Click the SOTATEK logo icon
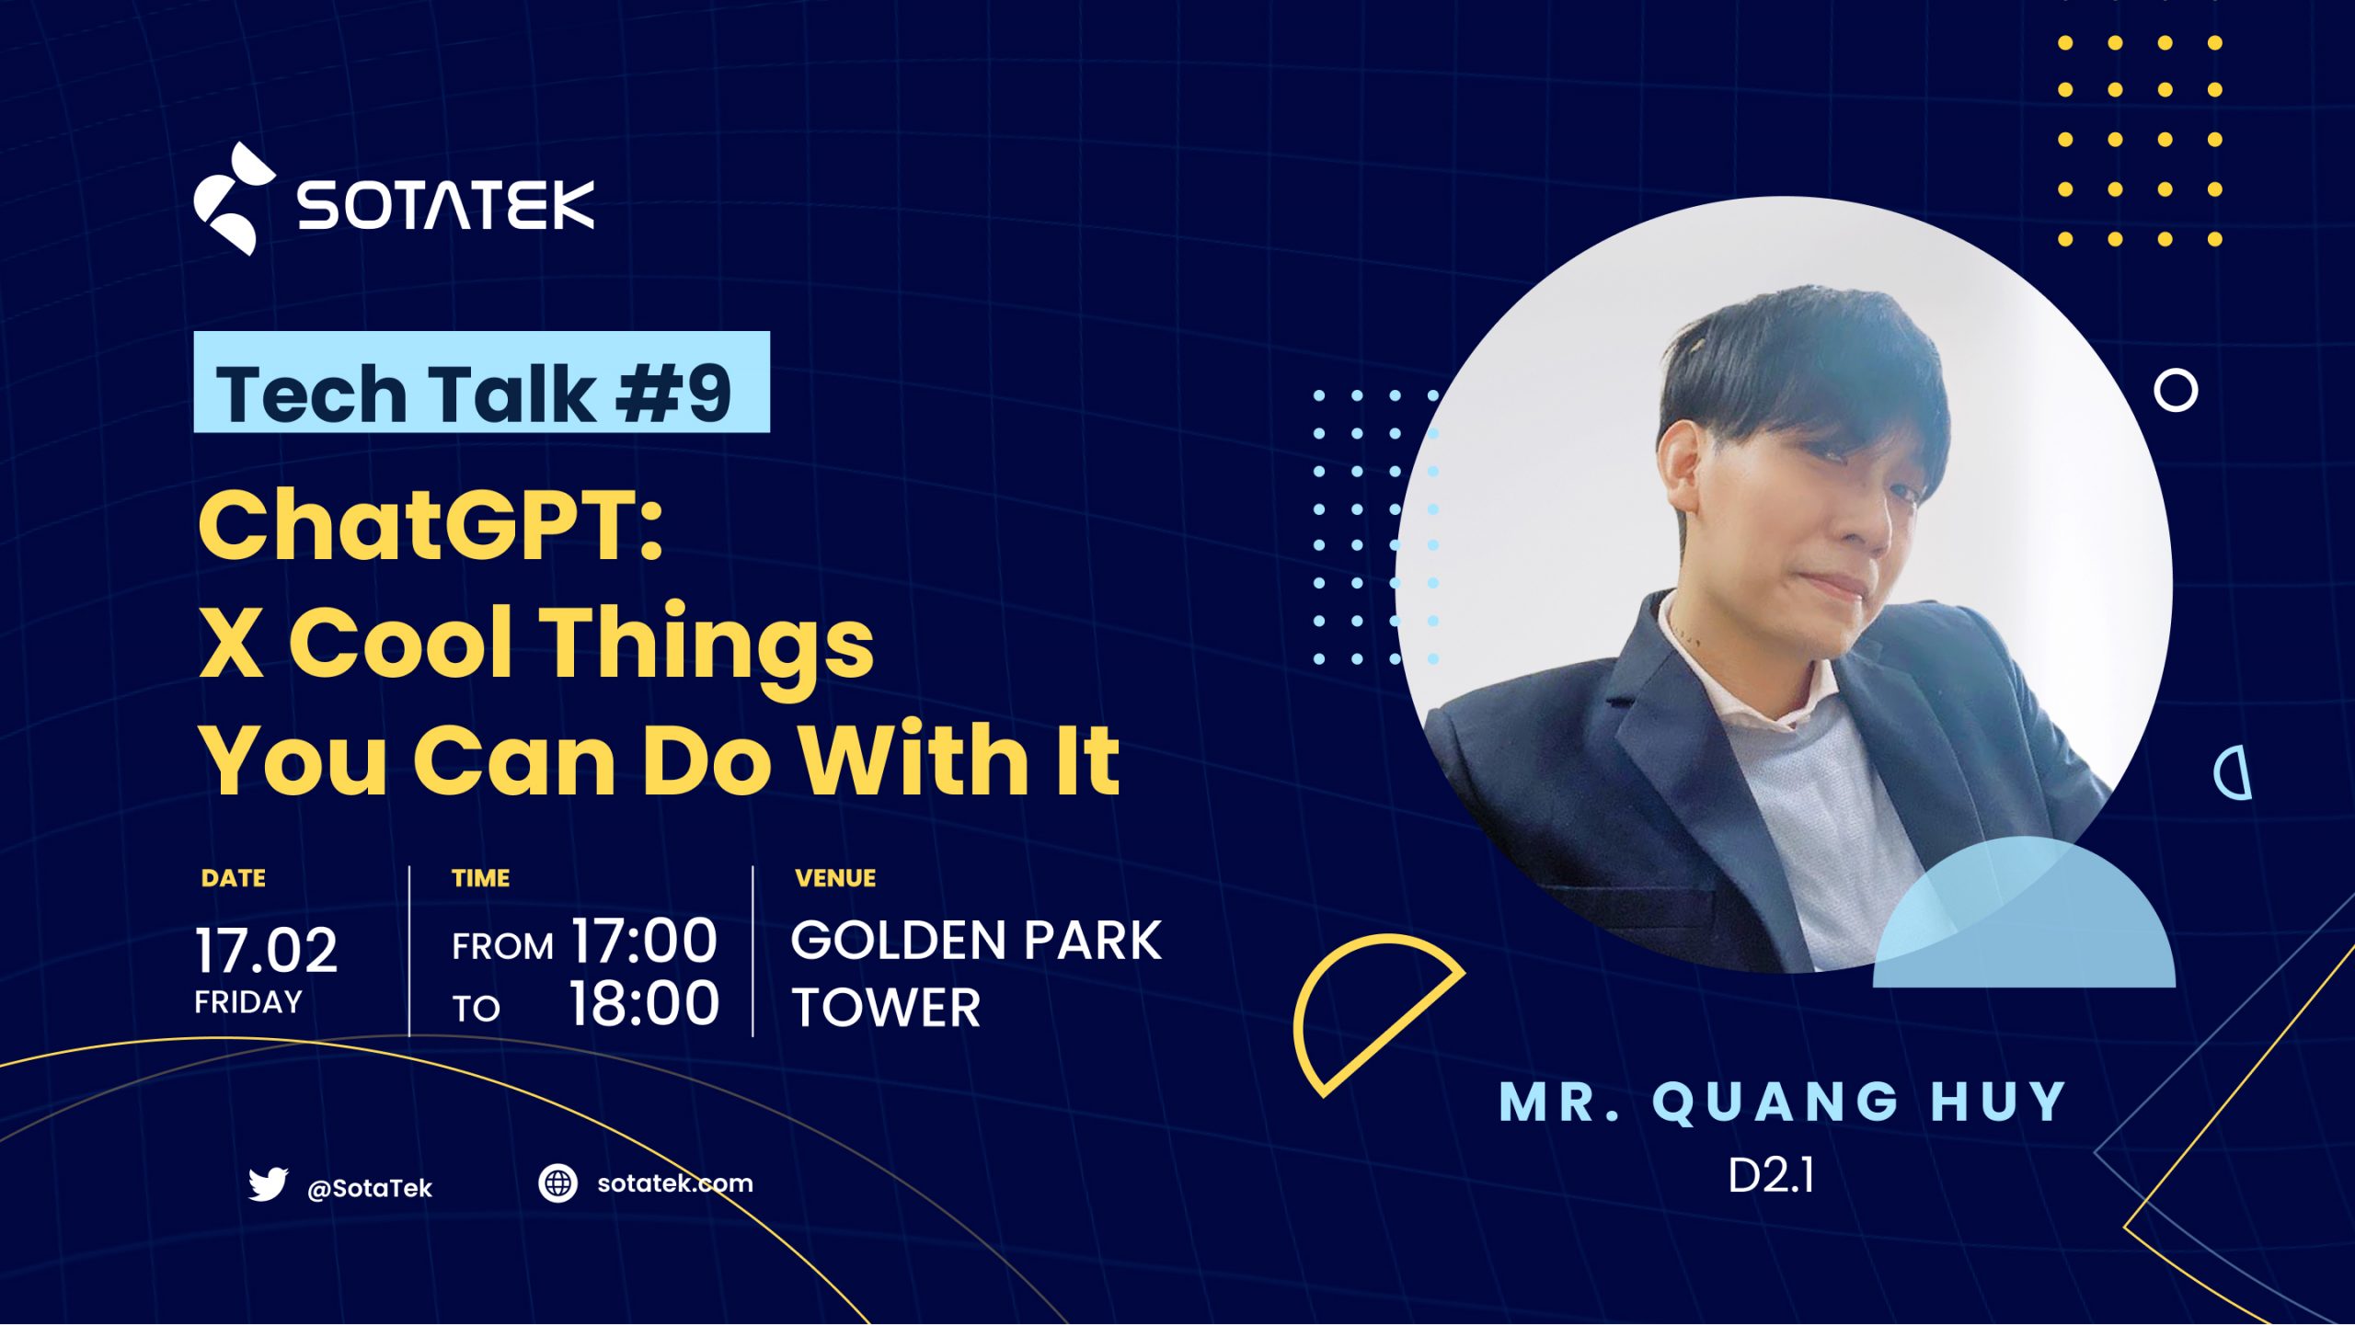tap(233, 199)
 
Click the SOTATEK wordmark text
tap(445, 204)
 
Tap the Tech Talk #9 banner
tap(481, 383)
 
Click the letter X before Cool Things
tap(231, 643)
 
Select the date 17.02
tap(266, 950)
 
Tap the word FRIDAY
tap(247, 1001)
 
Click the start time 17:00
tap(643, 941)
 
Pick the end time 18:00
tap(643, 1003)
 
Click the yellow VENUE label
tap(834, 878)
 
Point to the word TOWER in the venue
tap(886, 1008)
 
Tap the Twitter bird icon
tap(268, 1184)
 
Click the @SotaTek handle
tap(369, 1189)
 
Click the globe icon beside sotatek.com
tap(557, 1183)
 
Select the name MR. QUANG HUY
tap(1784, 1102)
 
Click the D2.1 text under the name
tap(1771, 1175)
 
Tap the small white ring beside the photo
tap(2175, 391)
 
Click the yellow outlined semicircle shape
tap(1361, 1011)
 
